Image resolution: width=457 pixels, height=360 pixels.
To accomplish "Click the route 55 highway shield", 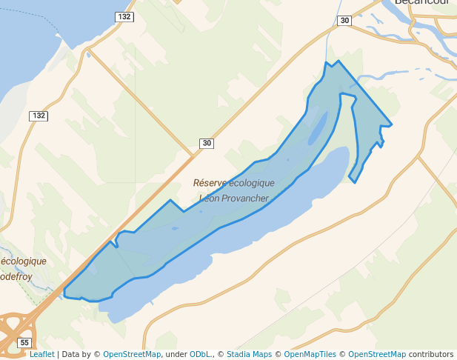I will [25, 342].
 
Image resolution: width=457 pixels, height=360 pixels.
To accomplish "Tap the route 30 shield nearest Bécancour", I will [344, 21].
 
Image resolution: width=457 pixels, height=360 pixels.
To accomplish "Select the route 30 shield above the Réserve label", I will [206, 144].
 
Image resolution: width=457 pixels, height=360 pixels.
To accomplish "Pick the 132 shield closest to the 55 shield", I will [39, 116].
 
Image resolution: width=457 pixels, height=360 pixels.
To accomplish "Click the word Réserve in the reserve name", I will [210, 183].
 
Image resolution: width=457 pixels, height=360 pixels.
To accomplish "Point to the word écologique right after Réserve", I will [252, 183].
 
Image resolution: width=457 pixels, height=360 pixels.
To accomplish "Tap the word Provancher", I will [242, 199].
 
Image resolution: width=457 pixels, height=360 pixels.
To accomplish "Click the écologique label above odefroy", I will [23, 261].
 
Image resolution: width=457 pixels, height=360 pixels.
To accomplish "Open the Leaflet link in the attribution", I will [41, 355].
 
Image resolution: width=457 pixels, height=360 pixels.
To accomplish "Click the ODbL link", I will [201, 355].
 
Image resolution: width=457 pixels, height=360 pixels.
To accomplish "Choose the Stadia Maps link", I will [248, 355].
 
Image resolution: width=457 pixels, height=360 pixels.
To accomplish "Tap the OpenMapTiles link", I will [310, 355].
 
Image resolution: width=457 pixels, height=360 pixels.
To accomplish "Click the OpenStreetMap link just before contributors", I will [377, 355].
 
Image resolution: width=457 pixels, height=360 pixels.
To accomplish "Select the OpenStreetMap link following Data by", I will [132, 355].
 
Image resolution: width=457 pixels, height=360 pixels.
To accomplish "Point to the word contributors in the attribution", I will [431, 355].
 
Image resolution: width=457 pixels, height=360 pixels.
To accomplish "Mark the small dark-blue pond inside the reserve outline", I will [317, 127].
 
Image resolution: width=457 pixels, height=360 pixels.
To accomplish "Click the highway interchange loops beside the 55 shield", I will [13, 327].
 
